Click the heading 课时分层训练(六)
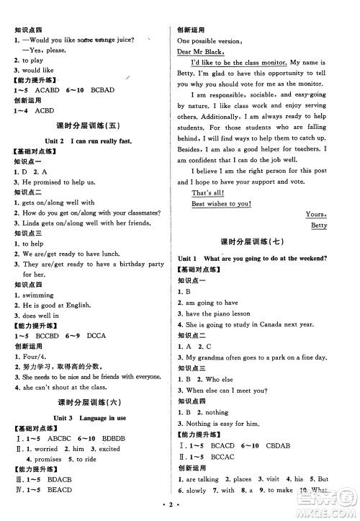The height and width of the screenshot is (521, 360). coord(89,401)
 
